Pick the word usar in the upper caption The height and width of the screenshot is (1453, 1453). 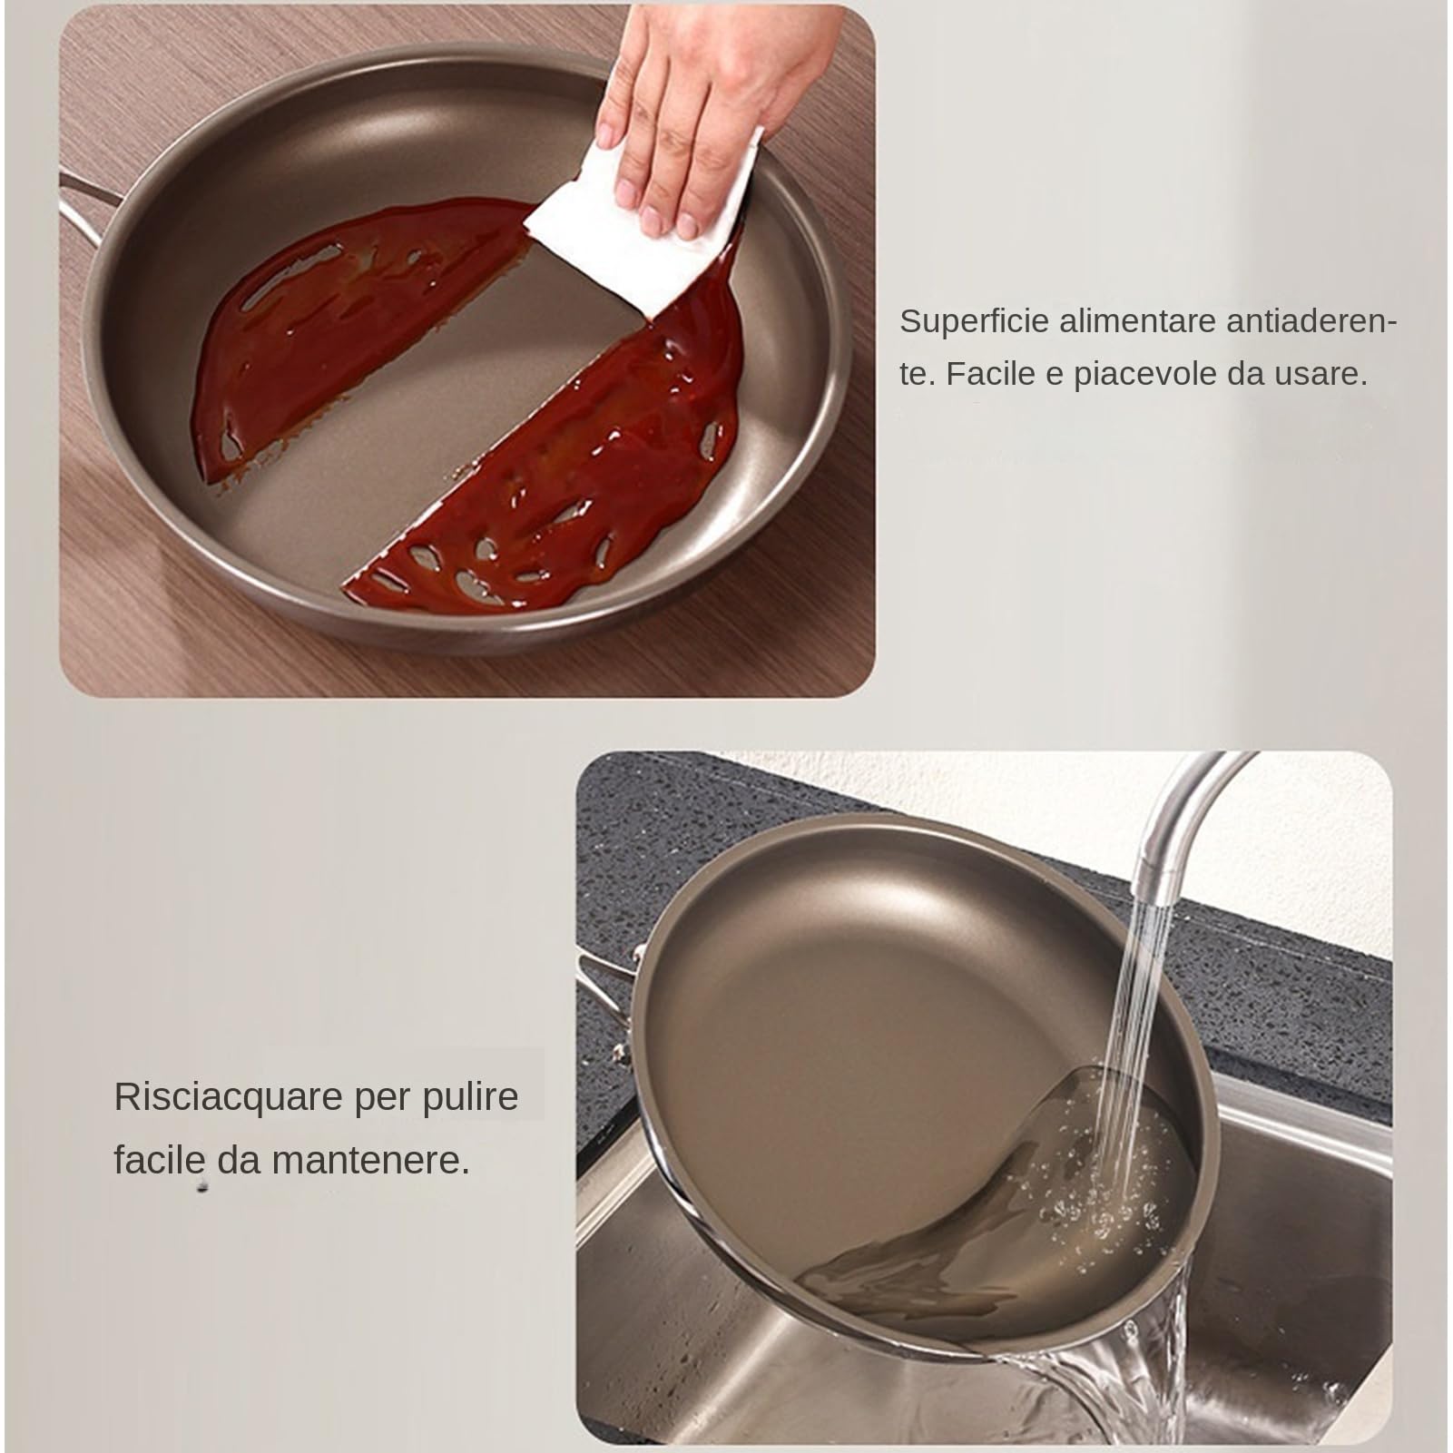tap(1318, 374)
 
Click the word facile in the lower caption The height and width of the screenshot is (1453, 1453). tap(159, 1160)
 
